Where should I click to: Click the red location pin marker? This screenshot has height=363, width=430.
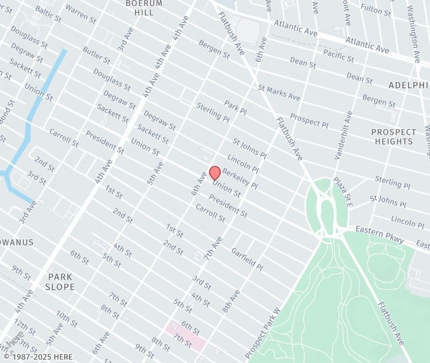pos(215,173)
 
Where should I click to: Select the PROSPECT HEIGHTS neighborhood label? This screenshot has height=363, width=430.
pos(393,136)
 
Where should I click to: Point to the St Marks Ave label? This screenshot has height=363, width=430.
pos(278,92)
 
